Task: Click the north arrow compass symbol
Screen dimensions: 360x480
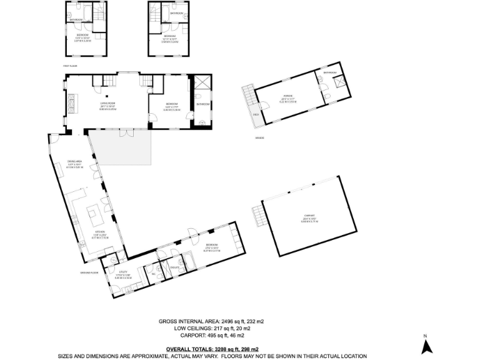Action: (x=425, y=344)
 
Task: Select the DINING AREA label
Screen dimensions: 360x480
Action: (x=75, y=162)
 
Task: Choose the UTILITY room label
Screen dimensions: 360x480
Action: (x=122, y=272)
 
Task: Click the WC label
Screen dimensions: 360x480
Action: (x=153, y=273)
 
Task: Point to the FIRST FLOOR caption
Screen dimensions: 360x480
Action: (x=69, y=64)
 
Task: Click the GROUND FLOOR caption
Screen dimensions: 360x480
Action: (x=90, y=272)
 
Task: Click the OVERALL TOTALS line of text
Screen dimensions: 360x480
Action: (x=212, y=349)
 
